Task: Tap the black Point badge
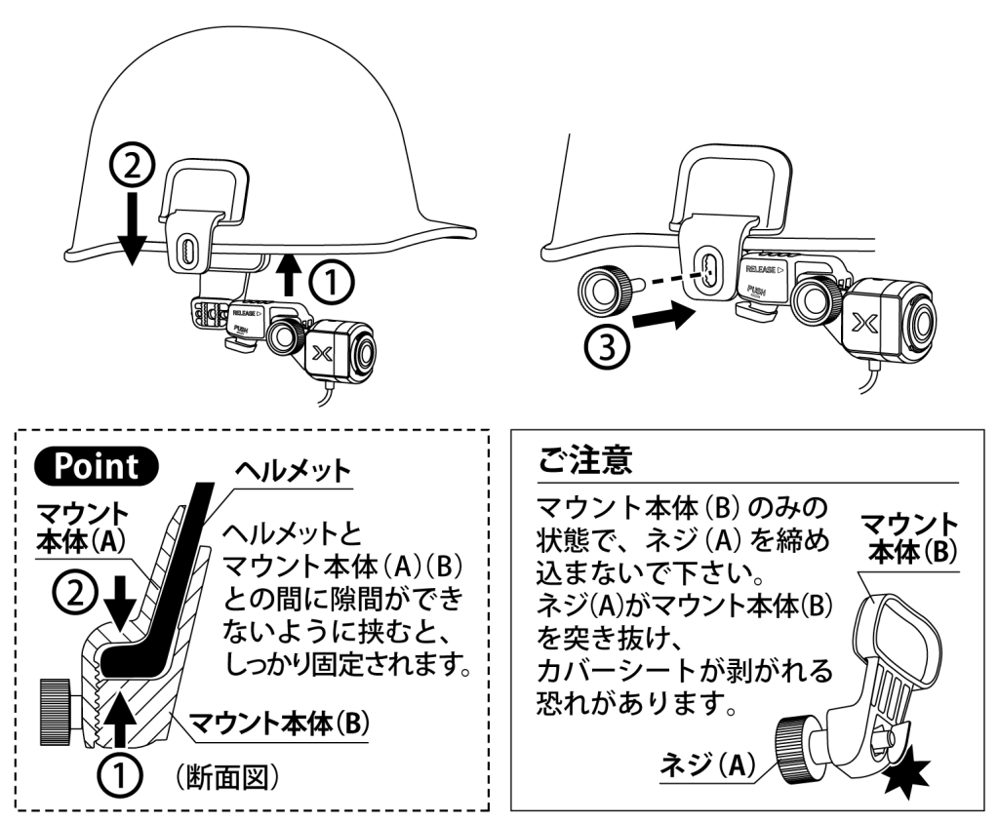(97, 465)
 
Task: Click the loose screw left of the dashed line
(598, 290)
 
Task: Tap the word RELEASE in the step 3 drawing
(763, 267)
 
